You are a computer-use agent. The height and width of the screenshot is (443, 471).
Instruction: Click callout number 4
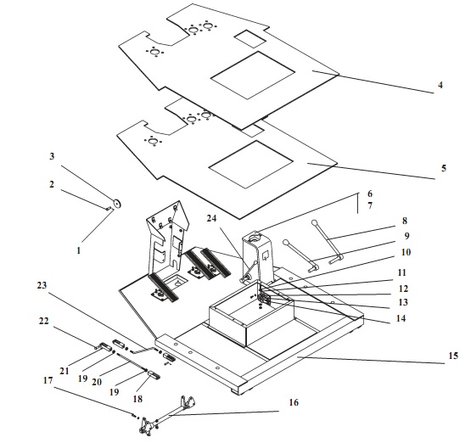click(x=440, y=86)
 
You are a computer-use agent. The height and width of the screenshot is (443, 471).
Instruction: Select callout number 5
click(x=444, y=168)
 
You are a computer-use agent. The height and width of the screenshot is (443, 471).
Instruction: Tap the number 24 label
click(x=211, y=218)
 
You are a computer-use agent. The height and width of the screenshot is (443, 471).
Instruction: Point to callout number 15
click(x=453, y=356)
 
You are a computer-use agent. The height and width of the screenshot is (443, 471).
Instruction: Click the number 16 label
click(x=294, y=402)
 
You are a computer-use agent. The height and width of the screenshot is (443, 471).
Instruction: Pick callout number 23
click(x=42, y=285)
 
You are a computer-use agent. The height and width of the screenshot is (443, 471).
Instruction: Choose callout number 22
click(x=43, y=321)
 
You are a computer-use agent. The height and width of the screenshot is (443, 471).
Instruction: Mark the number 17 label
click(x=48, y=380)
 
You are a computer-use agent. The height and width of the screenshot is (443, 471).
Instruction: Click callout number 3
click(x=52, y=156)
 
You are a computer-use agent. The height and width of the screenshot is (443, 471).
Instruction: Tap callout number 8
click(x=405, y=221)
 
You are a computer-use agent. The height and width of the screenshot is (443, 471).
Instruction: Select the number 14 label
click(x=401, y=318)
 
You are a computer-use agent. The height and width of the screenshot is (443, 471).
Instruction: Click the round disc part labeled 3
click(x=117, y=204)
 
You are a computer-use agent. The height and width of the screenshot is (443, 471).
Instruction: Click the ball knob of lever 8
click(x=314, y=223)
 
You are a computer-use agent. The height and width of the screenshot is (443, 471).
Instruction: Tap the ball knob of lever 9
click(x=285, y=242)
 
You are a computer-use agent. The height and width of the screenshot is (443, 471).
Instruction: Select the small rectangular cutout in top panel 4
click(x=250, y=38)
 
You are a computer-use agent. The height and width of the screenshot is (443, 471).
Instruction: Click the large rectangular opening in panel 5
click(x=251, y=165)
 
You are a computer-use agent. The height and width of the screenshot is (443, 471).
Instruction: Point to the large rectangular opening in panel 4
click(x=253, y=75)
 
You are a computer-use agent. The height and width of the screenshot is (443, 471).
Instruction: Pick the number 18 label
click(x=137, y=399)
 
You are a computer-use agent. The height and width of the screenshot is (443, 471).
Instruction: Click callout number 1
click(x=79, y=250)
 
